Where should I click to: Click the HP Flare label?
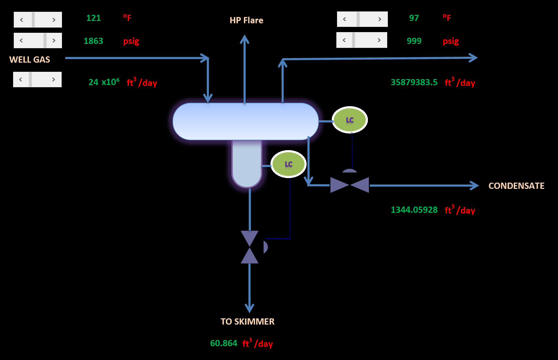click(246, 20)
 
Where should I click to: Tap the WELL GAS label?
click(30, 60)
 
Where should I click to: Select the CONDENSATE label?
click(516, 186)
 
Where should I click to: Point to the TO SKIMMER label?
click(248, 322)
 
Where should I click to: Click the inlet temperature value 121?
click(93, 18)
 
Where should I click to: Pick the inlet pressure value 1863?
click(93, 41)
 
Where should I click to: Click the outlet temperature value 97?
click(414, 18)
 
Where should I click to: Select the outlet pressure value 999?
click(414, 41)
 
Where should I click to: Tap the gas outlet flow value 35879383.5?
click(414, 82)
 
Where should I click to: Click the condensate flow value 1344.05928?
click(414, 210)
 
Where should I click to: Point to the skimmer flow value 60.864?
click(224, 343)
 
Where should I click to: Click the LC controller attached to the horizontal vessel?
click(350, 120)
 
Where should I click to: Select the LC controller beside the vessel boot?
click(289, 164)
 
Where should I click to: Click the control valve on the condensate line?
click(349, 185)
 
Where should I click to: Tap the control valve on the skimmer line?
click(250, 247)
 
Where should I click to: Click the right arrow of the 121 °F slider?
click(54, 20)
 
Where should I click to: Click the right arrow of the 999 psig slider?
click(379, 40)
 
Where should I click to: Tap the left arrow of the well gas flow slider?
click(21, 80)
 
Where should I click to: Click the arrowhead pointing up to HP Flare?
click(245, 39)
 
